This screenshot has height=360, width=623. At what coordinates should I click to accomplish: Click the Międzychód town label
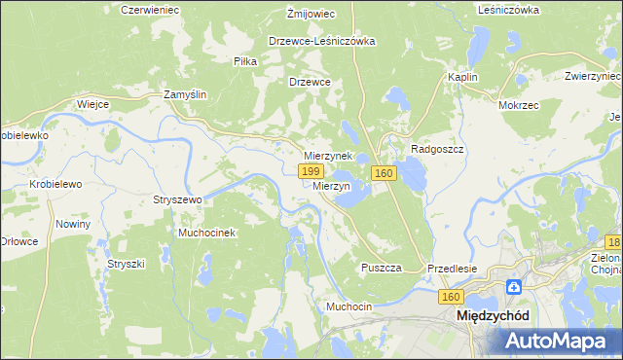[493, 316]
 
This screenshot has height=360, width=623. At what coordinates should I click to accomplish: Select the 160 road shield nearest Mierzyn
[383, 173]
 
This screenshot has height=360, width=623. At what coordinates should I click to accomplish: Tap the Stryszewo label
[177, 199]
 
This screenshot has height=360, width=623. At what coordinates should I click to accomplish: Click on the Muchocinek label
[206, 234]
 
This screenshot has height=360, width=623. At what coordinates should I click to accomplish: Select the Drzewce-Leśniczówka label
[322, 42]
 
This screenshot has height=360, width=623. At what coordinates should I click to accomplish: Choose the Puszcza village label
[381, 268]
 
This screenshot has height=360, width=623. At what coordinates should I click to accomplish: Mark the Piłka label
[245, 60]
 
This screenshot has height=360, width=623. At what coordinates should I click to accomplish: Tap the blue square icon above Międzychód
[514, 287]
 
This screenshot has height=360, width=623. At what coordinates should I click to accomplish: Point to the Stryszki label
[126, 264]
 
